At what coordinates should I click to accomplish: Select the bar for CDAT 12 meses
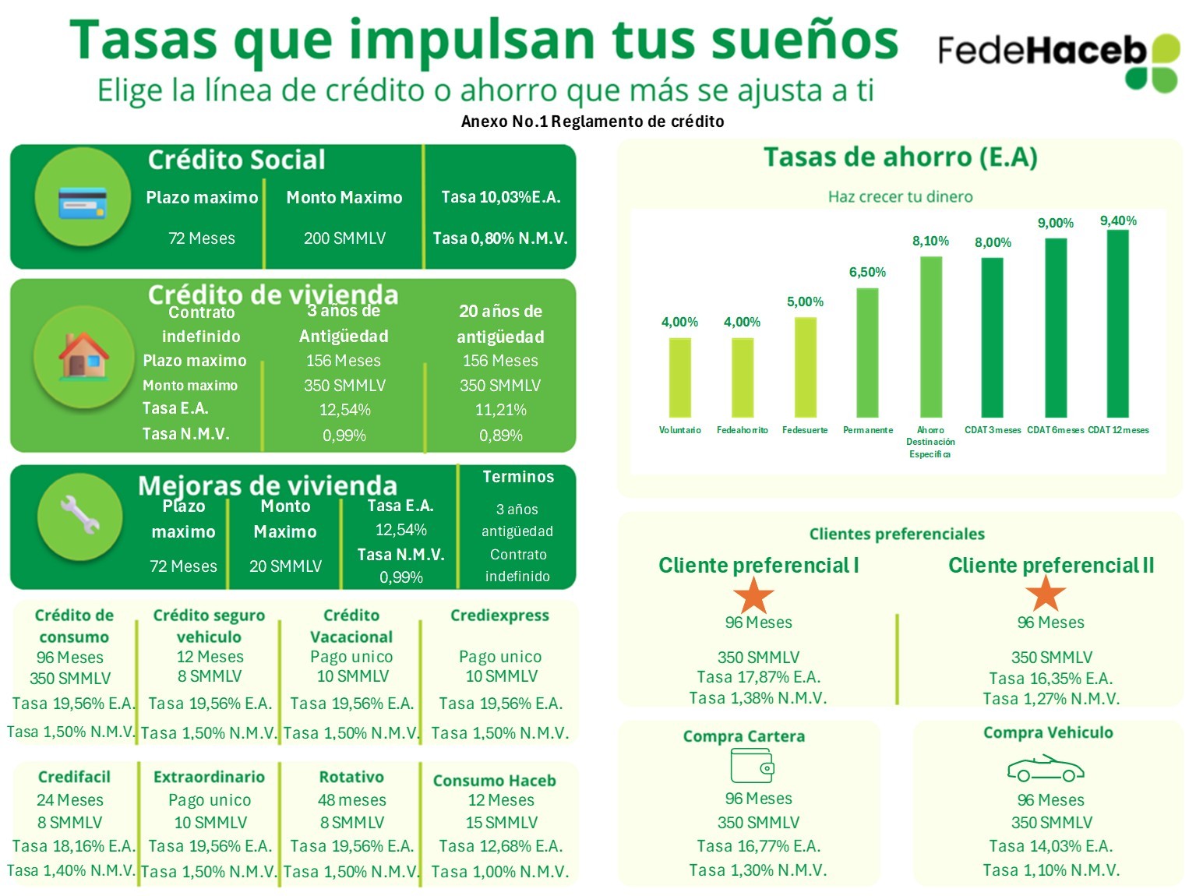(1117, 323)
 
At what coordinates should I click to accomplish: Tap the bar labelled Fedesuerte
(805, 367)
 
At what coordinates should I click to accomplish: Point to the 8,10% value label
(930, 242)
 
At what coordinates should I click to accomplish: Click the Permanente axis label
(867, 430)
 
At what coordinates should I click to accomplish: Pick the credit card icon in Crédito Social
(83, 203)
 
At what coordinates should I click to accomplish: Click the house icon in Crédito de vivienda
(83, 356)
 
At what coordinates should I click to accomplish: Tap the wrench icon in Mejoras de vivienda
(80, 515)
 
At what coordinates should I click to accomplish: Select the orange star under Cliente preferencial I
(753, 596)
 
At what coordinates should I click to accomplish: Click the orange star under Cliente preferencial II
(1045, 594)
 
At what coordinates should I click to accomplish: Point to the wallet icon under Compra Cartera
(752, 765)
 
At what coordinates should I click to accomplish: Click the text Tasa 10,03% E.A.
(500, 197)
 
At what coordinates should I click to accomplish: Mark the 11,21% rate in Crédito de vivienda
(500, 410)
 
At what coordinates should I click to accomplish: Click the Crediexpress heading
(499, 616)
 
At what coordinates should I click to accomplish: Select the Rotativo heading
(351, 777)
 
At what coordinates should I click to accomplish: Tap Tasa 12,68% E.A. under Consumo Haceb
(500, 846)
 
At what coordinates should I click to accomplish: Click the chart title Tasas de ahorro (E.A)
(900, 157)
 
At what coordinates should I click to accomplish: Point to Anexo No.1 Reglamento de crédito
(592, 122)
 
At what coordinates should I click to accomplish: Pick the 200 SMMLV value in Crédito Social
(344, 238)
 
